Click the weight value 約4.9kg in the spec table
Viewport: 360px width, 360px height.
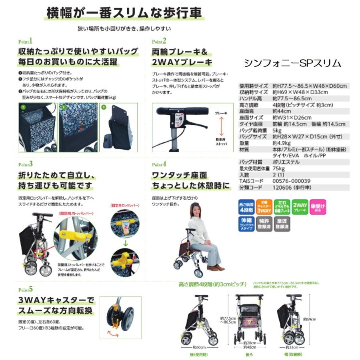tap(282, 143)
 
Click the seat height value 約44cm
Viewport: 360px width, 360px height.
tap(281, 111)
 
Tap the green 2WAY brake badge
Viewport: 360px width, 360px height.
tap(300, 208)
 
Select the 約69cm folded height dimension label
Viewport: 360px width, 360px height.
tap(310, 319)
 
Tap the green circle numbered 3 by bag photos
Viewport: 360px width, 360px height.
tap(103, 107)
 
